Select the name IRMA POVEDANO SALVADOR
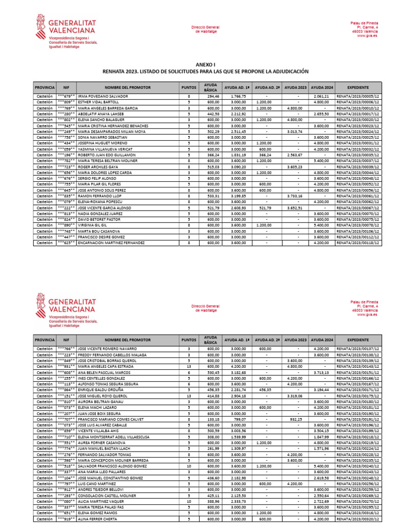[x=103, y=96]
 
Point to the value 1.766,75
[x=239, y=96]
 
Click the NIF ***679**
[x=66, y=96]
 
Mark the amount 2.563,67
[x=295, y=155]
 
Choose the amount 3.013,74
[x=295, y=131]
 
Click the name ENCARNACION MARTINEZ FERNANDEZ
[x=111, y=242]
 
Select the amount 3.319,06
[x=295, y=396]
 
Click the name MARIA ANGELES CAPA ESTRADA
[x=106, y=367]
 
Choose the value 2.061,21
[x=321, y=96]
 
